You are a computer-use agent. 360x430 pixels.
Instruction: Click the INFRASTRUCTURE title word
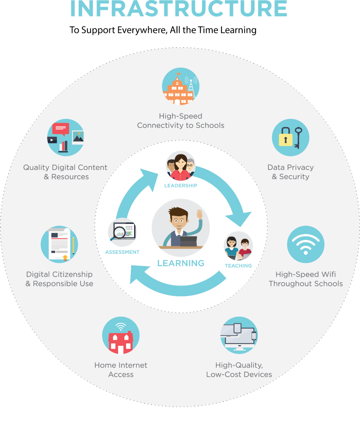click(179, 8)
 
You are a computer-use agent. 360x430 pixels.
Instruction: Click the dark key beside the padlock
click(298, 138)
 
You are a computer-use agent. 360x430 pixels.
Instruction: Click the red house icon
click(121, 343)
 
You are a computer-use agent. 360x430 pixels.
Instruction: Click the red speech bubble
click(61, 129)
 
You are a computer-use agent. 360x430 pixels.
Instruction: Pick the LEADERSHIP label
click(180, 185)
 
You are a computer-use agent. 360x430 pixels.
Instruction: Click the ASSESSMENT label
click(122, 252)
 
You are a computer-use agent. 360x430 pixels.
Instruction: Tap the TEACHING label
click(238, 266)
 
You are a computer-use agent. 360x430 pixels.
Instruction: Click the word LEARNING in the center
click(181, 263)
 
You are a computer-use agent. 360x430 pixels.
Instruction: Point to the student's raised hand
click(200, 214)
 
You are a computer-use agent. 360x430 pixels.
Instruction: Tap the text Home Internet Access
click(121, 370)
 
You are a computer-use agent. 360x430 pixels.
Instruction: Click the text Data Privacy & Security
click(291, 172)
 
